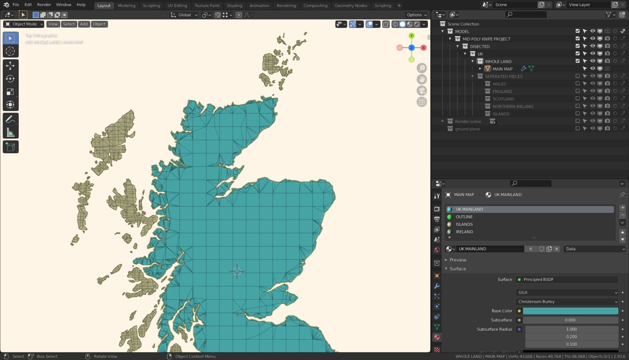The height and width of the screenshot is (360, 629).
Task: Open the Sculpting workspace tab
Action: tap(151, 5)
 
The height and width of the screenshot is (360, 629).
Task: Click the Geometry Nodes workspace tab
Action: tap(351, 5)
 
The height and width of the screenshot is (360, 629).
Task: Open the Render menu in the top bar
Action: tap(44, 4)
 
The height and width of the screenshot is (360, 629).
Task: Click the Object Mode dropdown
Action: tap(24, 24)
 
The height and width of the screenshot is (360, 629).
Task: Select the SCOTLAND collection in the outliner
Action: tap(503, 99)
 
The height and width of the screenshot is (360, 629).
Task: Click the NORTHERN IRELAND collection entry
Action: tap(512, 106)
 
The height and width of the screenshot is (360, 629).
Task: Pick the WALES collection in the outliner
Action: tap(499, 84)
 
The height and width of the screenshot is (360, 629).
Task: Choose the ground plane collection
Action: tap(467, 129)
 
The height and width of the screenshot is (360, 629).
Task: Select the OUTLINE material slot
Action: tap(464, 217)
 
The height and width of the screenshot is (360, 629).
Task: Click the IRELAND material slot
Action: tap(464, 232)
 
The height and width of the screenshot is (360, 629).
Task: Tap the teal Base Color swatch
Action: tap(570, 311)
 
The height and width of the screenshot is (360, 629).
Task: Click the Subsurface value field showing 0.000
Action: tap(570, 320)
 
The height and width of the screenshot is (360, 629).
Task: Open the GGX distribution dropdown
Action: tap(567, 292)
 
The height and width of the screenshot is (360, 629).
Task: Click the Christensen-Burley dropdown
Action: tap(567, 301)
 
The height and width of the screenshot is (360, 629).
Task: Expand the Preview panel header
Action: tap(458, 260)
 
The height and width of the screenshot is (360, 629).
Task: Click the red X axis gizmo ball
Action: tap(424, 48)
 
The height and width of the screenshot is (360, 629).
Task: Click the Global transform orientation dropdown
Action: tap(184, 15)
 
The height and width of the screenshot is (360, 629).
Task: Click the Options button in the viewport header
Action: tap(416, 15)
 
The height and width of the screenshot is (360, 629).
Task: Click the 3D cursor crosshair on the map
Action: tap(237, 271)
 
